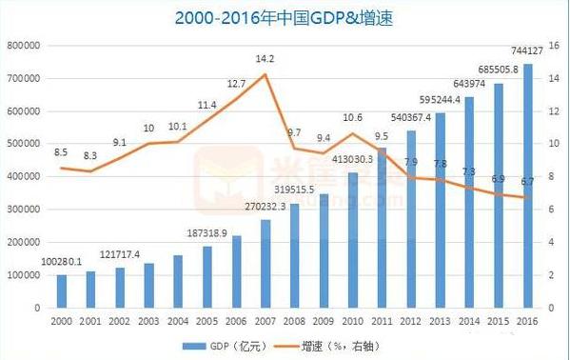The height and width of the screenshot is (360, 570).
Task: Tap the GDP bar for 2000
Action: pyautogui.click(x=62, y=291)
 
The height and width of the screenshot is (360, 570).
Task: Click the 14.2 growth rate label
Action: pyautogui.click(x=265, y=59)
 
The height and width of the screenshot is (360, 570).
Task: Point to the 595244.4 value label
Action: pyautogui.click(x=441, y=98)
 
